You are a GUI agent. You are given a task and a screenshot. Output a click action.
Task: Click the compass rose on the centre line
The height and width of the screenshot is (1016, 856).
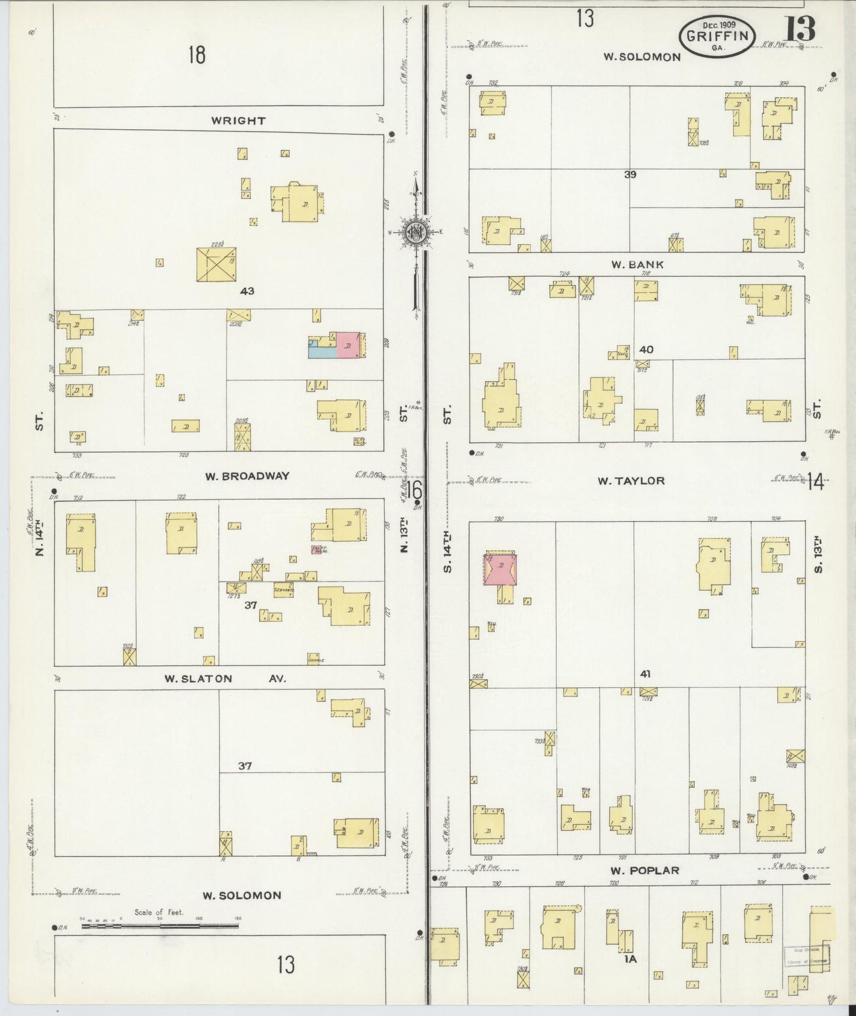[x=416, y=231]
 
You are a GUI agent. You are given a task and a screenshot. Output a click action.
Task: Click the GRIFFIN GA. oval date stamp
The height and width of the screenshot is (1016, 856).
[x=717, y=36]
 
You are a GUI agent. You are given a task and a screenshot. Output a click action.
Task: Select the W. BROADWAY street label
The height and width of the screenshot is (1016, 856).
[x=247, y=475]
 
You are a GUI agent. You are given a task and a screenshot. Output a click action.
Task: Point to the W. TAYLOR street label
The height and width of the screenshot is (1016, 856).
[x=630, y=481]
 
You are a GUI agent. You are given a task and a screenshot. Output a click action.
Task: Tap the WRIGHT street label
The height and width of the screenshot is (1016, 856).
[x=239, y=120]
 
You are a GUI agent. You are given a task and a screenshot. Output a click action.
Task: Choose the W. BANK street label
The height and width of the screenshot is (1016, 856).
[x=637, y=264]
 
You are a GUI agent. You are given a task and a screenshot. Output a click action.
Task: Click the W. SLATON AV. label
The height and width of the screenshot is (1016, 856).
[x=225, y=679]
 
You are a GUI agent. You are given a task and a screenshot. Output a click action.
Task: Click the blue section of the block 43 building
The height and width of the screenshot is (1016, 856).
[x=320, y=350]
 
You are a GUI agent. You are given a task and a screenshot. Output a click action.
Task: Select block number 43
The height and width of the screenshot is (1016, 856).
[x=247, y=291]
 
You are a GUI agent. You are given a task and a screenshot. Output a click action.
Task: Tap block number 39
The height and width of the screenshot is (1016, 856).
[x=630, y=174]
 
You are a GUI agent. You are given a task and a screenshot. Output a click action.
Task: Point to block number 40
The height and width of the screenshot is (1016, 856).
[x=646, y=349]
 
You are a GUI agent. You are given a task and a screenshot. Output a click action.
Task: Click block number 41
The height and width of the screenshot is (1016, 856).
[x=646, y=673]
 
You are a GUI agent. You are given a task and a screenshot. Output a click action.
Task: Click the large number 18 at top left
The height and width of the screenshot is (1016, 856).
[x=197, y=55]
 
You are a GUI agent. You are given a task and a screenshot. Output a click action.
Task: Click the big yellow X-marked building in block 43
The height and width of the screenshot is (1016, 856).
[x=216, y=264]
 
